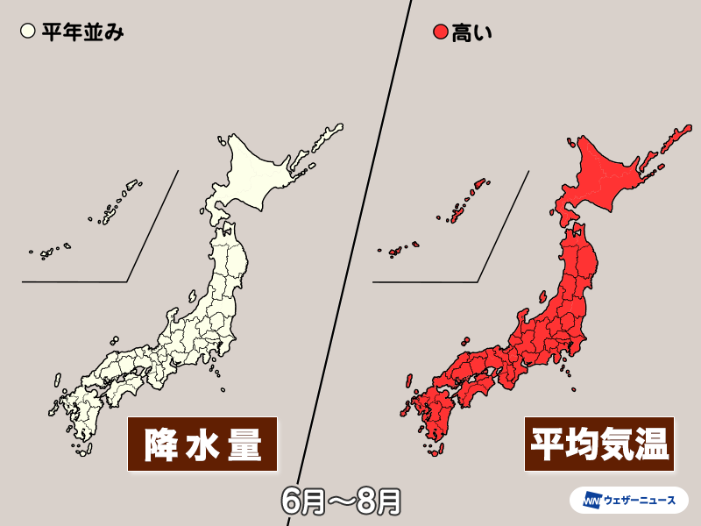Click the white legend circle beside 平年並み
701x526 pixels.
click(x=26, y=33)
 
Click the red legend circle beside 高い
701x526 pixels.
click(x=441, y=33)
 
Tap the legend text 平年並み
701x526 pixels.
click(x=81, y=33)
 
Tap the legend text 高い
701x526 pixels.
click(x=472, y=33)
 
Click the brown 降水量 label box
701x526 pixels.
click(x=202, y=444)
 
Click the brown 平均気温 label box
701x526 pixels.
click(x=598, y=444)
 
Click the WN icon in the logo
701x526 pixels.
click(x=587, y=500)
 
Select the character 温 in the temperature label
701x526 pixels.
click(x=652, y=444)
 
